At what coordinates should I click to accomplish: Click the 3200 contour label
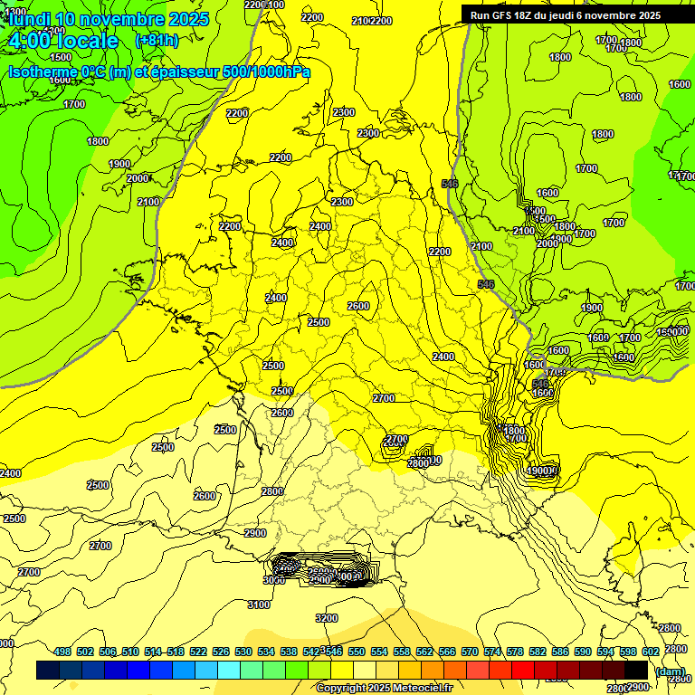(x=326, y=618)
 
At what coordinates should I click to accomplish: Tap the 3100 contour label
(x=259, y=605)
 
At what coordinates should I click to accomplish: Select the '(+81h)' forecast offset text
(x=157, y=41)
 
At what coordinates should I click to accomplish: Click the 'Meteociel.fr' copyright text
(x=417, y=688)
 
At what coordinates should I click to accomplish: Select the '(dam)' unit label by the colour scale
(x=669, y=671)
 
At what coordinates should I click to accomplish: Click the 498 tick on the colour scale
(x=62, y=652)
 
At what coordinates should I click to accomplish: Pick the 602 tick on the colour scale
(x=650, y=652)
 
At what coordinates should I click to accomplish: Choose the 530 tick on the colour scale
(x=243, y=652)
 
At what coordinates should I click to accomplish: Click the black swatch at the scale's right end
(x=636, y=670)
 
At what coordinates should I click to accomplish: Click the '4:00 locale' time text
(x=62, y=42)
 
